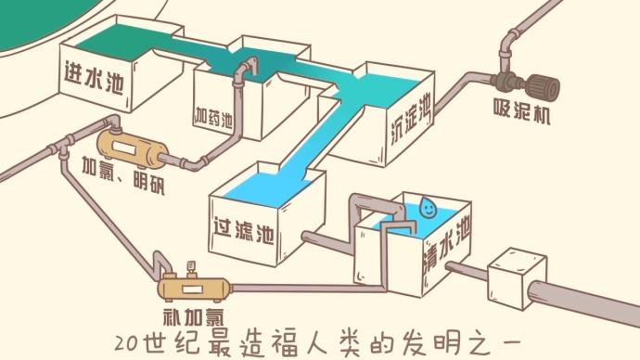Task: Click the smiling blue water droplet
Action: click(x=428, y=207)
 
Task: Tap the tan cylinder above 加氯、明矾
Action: click(x=130, y=144)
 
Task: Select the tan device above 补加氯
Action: click(x=193, y=285)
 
